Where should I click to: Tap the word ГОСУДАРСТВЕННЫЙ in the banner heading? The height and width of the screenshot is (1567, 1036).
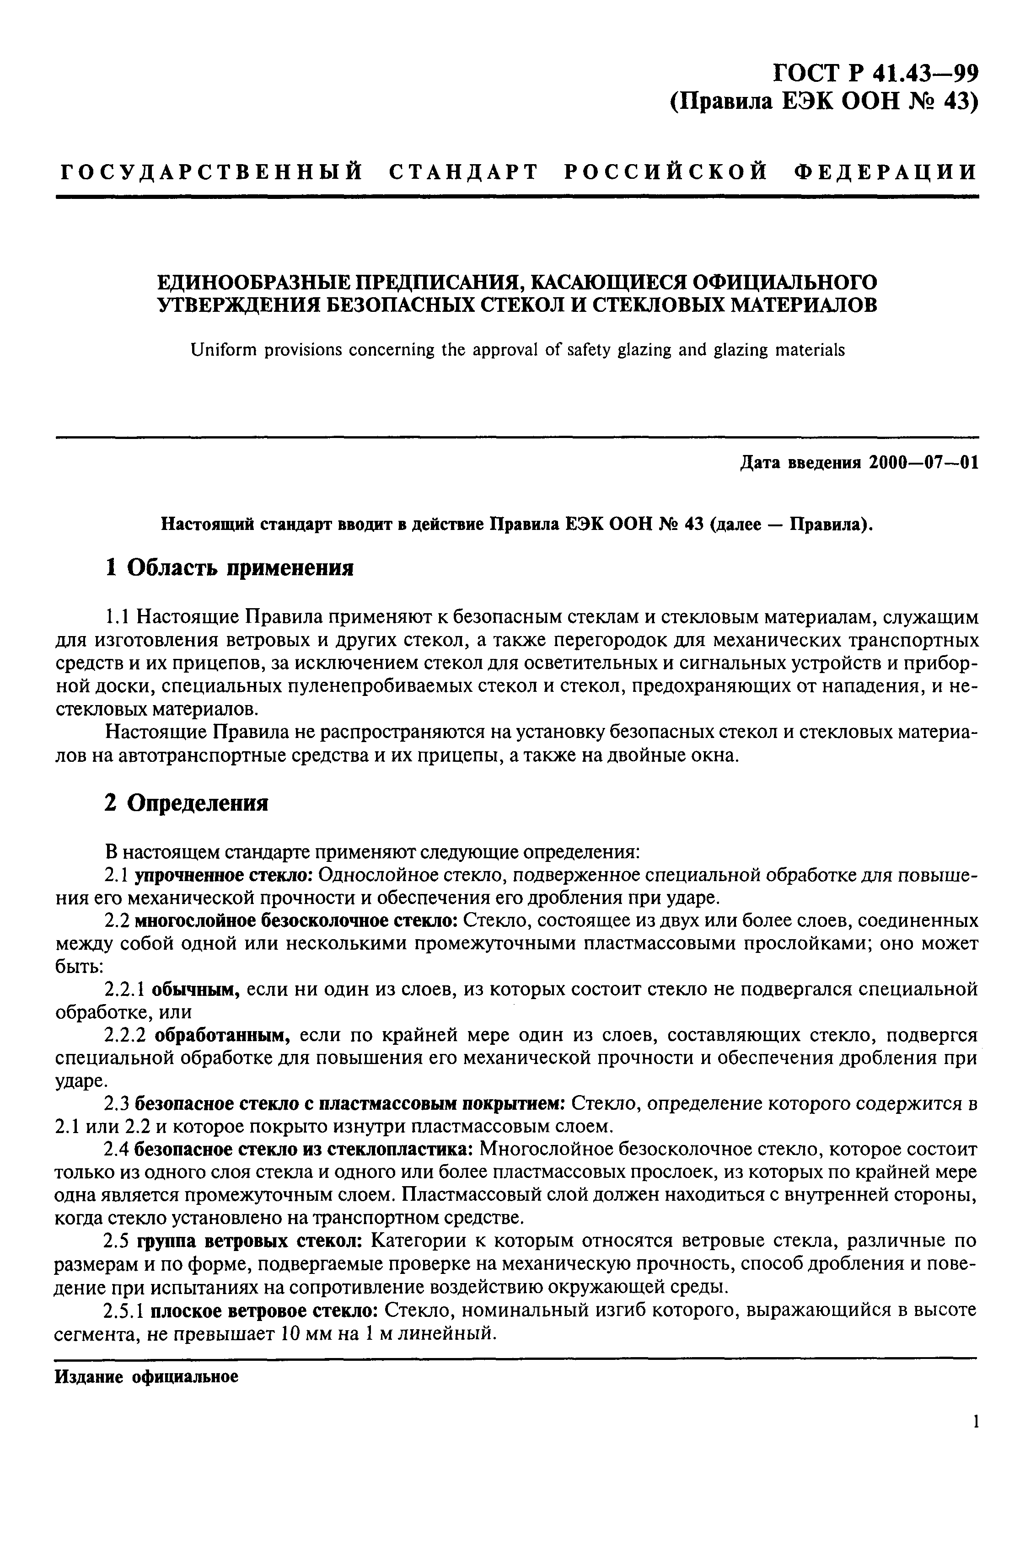tap(211, 171)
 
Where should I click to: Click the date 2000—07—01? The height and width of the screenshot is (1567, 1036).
tap(923, 462)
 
